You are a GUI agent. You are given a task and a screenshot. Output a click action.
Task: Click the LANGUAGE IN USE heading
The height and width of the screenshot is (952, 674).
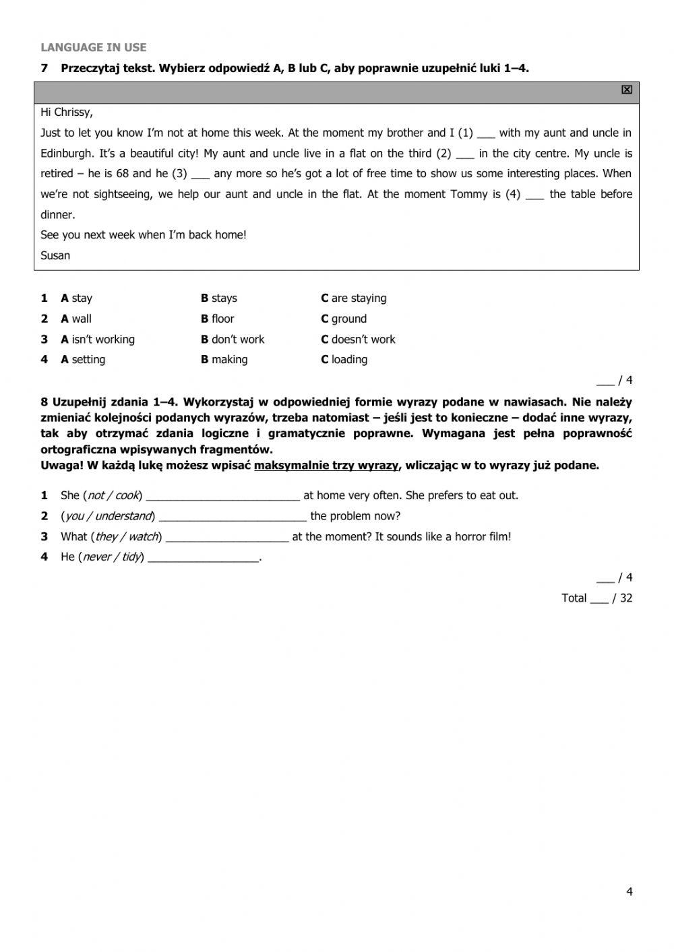tap(93, 47)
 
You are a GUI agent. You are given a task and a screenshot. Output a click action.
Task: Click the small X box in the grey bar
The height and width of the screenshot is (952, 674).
tap(627, 90)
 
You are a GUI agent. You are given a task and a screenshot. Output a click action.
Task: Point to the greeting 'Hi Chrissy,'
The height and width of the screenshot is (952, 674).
tap(67, 112)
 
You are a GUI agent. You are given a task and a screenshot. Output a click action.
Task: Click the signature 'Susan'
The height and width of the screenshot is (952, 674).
tap(55, 255)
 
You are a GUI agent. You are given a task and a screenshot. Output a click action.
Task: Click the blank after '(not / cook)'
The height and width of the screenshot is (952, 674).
tap(222, 496)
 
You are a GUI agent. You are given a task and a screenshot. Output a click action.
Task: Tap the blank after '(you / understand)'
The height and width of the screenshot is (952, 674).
tap(233, 517)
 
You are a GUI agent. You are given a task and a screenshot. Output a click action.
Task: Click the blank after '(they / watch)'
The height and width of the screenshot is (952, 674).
tap(227, 537)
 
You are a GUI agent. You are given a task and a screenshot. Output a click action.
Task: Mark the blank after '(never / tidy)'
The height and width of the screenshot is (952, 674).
tap(203, 557)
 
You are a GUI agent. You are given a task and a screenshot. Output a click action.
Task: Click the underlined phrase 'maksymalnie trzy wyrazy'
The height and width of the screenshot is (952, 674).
tap(326, 465)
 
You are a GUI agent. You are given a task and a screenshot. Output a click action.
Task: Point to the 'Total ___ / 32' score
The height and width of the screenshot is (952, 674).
tap(597, 598)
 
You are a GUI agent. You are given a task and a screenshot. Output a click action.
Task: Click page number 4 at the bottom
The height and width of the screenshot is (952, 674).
tap(630, 891)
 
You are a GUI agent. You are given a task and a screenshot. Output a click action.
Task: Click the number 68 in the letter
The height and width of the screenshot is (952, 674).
tap(122, 173)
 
